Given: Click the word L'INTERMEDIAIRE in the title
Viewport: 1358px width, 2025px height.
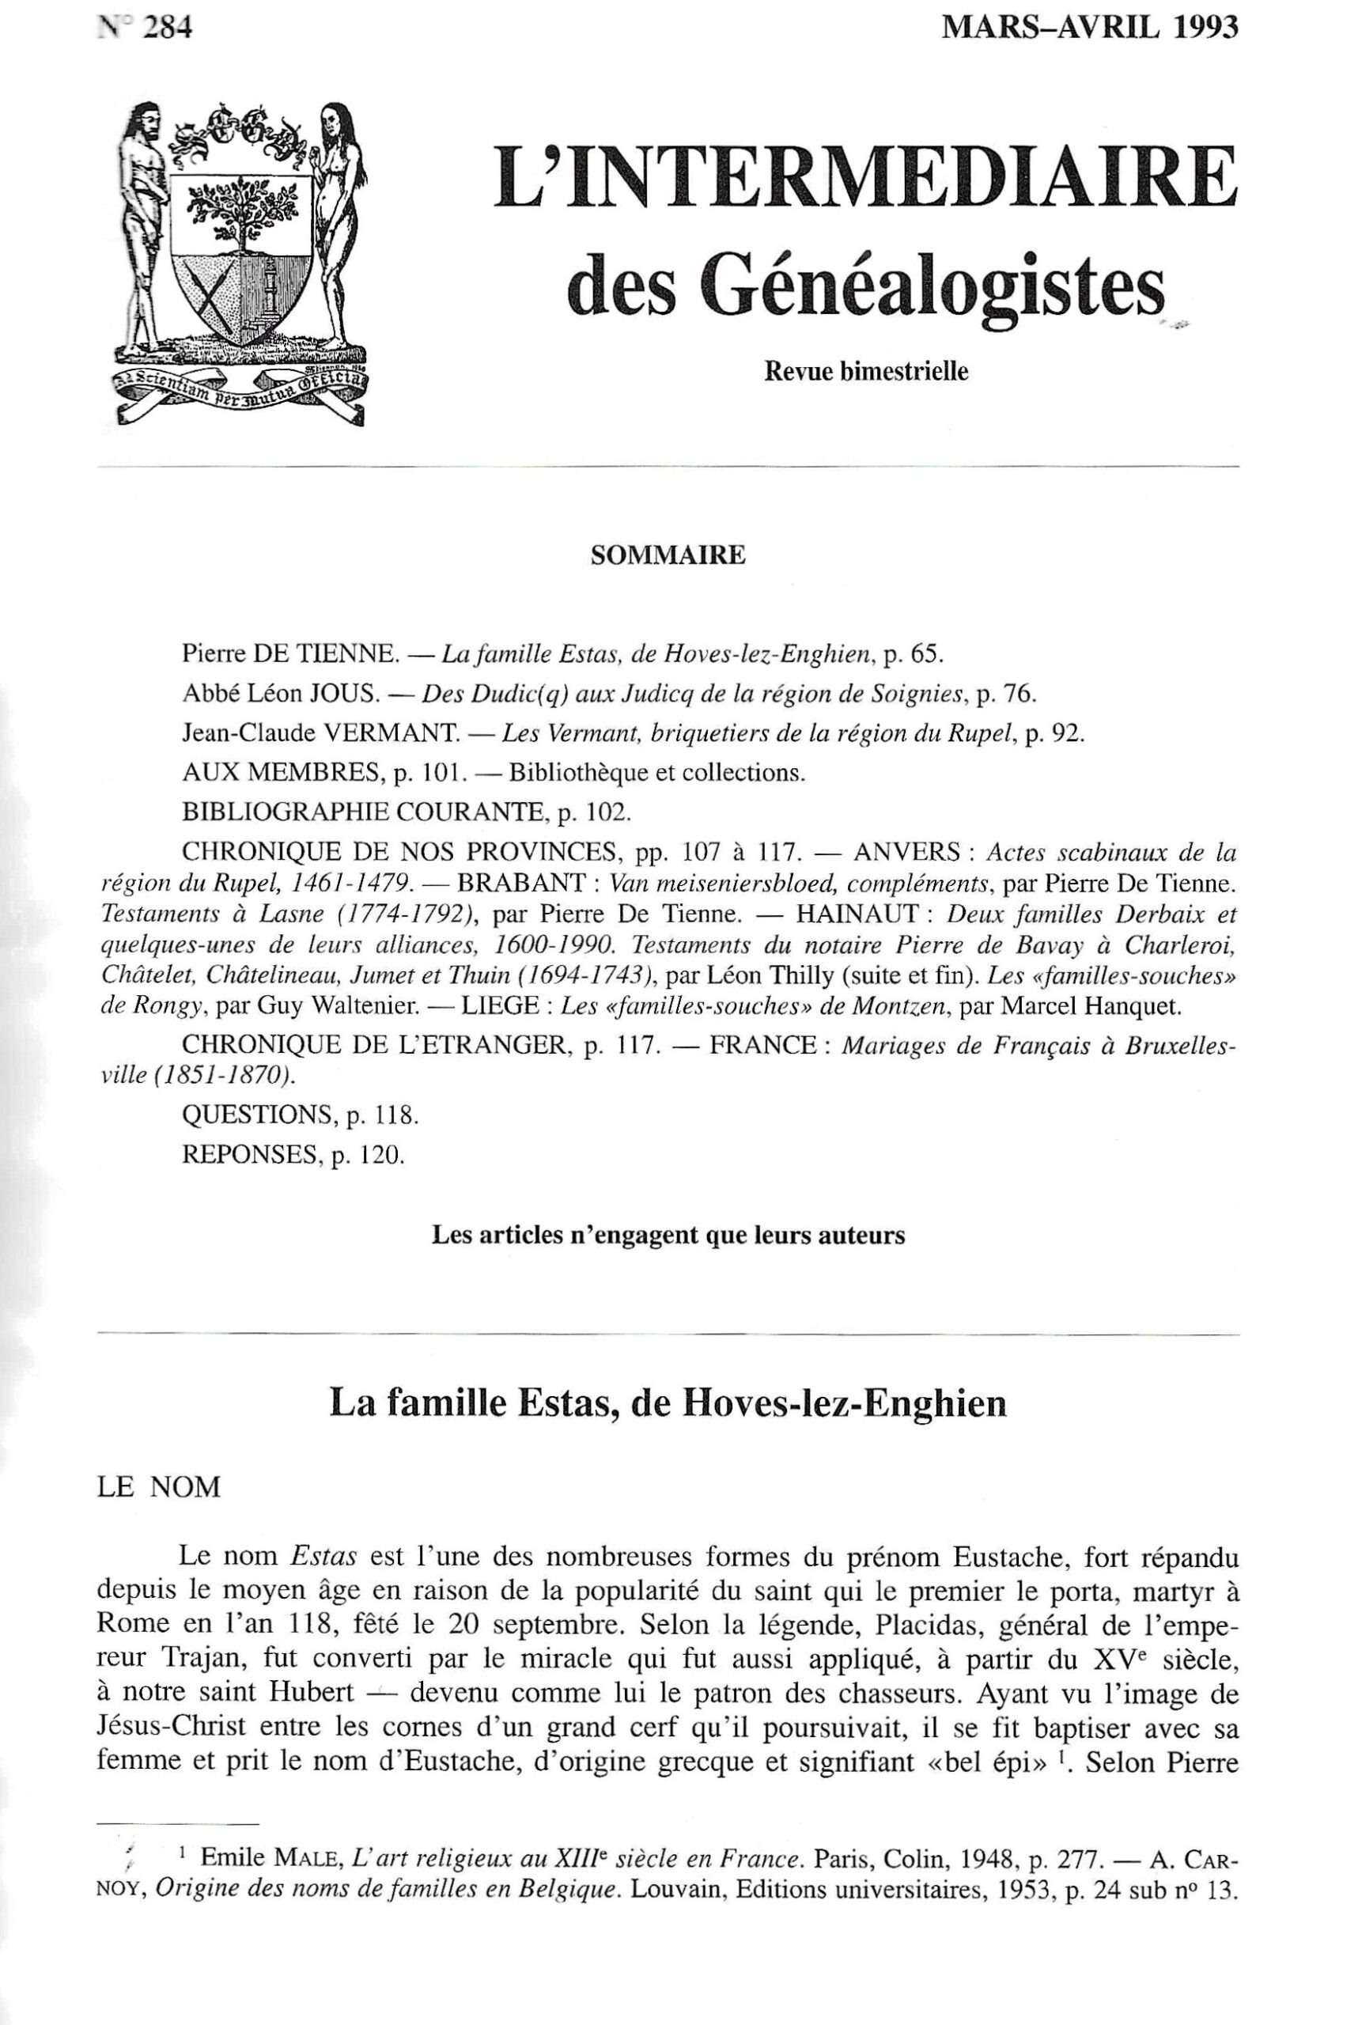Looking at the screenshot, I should pyautogui.click(x=865, y=176).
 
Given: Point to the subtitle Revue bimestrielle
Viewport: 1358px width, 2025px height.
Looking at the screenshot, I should pyautogui.click(x=865, y=373).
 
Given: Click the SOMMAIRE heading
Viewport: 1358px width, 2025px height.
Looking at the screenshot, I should pyautogui.click(x=667, y=555).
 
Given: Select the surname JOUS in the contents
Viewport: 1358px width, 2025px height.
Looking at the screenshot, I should pyautogui.click(x=346, y=693).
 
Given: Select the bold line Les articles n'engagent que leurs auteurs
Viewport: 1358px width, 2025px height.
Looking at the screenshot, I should pyautogui.click(x=668, y=1235).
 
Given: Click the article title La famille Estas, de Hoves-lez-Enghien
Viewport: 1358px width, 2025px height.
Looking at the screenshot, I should pyautogui.click(x=668, y=1403).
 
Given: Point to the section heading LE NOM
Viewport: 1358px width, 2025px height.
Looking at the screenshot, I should pyautogui.click(x=159, y=1487).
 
